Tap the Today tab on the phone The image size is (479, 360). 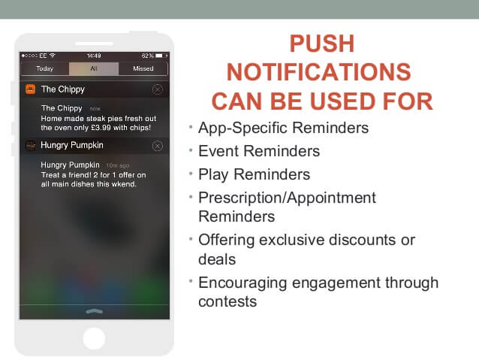(x=44, y=68)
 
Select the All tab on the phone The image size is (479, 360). (x=94, y=68)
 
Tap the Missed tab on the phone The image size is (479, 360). (x=143, y=68)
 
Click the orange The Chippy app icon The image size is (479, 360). (x=30, y=89)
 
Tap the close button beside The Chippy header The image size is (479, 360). (x=158, y=89)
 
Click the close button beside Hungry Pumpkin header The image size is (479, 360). (x=158, y=146)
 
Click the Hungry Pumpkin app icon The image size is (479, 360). (x=30, y=146)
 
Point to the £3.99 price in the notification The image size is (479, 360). (x=101, y=128)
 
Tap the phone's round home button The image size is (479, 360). (x=94, y=338)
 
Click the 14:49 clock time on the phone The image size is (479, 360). (x=94, y=56)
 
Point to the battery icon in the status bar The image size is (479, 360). (x=161, y=56)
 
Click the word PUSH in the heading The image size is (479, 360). (x=322, y=44)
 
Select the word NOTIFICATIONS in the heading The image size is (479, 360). (x=319, y=72)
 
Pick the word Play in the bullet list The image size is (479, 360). (x=213, y=175)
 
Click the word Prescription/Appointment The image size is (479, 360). (x=287, y=198)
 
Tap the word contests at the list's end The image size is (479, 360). (x=227, y=302)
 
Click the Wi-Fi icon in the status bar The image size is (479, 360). (x=53, y=56)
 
